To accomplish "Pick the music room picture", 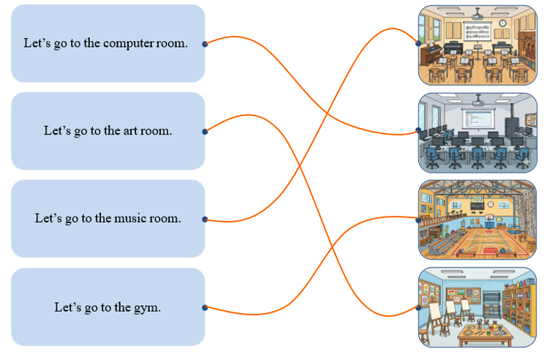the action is pyautogui.click(x=478, y=45).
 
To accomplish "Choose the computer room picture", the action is pyautogui.click(x=478, y=133).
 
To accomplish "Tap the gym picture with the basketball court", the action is pyautogui.click(x=478, y=220).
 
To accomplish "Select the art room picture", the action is pyautogui.click(x=478, y=307).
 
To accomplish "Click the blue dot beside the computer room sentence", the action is pyautogui.click(x=205, y=44).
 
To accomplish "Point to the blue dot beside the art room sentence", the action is pyautogui.click(x=205, y=132).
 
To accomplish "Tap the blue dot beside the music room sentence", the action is pyautogui.click(x=205, y=220).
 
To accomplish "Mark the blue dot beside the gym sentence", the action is pyautogui.click(x=205, y=307).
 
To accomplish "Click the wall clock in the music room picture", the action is pyautogui.click(x=502, y=23).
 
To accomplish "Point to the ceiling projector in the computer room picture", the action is pyautogui.click(x=478, y=102).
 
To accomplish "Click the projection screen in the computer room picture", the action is pyautogui.click(x=478, y=118).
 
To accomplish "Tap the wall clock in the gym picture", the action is pyautogui.click(x=491, y=204).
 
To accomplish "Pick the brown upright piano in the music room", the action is pyautogui.click(x=430, y=54).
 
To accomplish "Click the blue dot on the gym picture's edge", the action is pyautogui.click(x=418, y=220).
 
